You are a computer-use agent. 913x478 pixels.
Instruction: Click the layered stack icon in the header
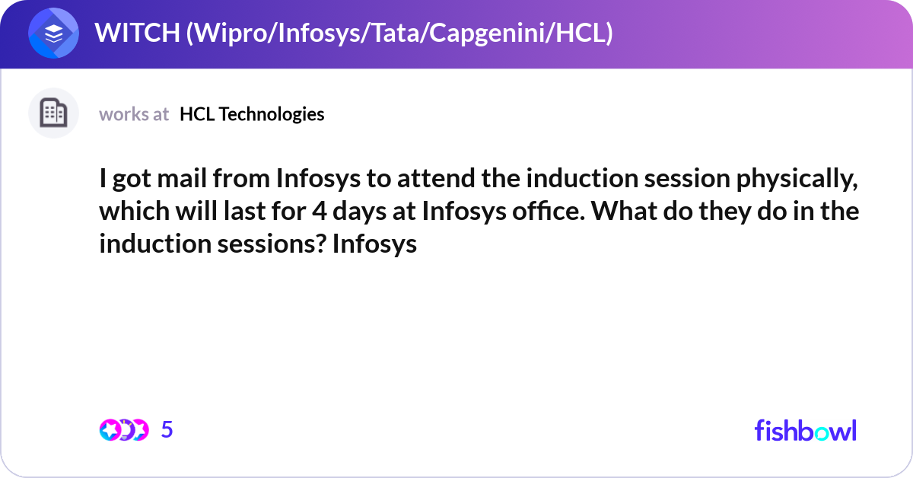(53, 33)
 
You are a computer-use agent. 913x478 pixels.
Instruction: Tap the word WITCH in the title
(138, 33)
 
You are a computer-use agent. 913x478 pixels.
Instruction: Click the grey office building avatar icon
(53, 113)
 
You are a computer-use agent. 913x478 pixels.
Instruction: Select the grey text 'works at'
(134, 114)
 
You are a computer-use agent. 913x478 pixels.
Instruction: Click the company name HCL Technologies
(252, 114)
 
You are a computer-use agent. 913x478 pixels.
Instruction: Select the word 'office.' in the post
(549, 211)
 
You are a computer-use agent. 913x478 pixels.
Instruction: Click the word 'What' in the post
(624, 211)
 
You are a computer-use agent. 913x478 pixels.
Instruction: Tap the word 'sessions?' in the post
(272, 244)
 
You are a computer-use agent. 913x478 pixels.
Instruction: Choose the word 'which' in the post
(135, 211)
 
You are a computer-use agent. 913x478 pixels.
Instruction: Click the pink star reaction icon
(110, 430)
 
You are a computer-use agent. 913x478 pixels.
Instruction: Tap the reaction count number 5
(167, 429)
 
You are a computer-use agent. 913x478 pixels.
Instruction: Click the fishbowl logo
(806, 430)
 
